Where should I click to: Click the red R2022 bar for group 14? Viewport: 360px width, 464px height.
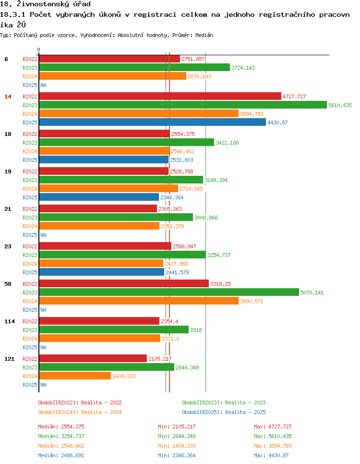click(160, 96)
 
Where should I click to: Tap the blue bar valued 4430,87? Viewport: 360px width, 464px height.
click(152, 122)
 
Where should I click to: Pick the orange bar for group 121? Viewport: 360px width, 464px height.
click(75, 376)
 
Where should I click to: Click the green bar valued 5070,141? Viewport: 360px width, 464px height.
click(168, 292)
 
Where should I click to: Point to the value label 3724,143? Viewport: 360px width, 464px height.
click(243, 68)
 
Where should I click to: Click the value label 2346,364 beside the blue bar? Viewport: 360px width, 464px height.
click(172, 197)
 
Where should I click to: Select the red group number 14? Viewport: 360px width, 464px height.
click(8, 97)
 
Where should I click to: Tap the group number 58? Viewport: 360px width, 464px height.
click(8, 284)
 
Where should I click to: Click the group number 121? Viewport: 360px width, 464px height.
click(9, 359)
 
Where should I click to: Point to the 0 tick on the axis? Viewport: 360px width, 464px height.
click(39, 49)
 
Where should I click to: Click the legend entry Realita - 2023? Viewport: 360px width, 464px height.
click(224, 403)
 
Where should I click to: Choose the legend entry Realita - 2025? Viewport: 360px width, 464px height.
click(224, 412)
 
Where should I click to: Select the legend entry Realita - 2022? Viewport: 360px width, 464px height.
click(80, 403)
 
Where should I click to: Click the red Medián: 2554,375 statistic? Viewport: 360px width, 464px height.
click(61, 427)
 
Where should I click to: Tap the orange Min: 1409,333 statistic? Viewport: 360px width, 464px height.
click(177, 446)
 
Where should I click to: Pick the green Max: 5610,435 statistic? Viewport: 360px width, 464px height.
click(273, 436)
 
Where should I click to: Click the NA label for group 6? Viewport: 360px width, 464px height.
click(43, 85)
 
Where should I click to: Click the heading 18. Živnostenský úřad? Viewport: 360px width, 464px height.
click(46, 4)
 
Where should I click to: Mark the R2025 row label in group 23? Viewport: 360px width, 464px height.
click(30, 272)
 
